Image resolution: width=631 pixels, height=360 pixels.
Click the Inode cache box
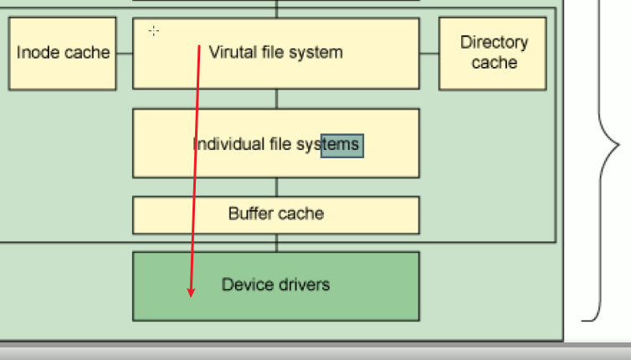pyautogui.click(x=63, y=53)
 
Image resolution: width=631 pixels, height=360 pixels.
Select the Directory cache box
pyautogui.click(x=494, y=53)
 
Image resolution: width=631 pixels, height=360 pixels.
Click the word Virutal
pyautogui.click(x=232, y=52)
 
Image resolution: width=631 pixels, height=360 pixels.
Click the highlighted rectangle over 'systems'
pyautogui.click(x=341, y=145)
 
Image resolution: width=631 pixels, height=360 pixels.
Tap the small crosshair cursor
pyautogui.click(x=154, y=31)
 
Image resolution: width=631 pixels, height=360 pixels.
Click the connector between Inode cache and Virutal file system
pyautogui.click(x=125, y=53)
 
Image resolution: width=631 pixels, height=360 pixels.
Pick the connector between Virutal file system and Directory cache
pyautogui.click(x=428, y=53)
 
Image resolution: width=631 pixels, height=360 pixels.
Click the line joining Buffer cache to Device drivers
pyautogui.click(x=276, y=243)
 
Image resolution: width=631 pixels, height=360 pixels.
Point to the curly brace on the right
pyautogui.click(x=607, y=167)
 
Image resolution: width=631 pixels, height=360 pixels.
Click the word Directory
pyautogui.click(x=494, y=43)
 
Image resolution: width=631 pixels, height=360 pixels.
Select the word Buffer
pyautogui.click(x=251, y=213)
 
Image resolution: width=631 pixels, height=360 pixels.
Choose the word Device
pyautogui.click(x=244, y=285)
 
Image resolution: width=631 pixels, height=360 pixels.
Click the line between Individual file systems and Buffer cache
pyautogui.click(x=276, y=187)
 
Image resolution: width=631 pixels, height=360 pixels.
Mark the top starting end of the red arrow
pyautogui.click(x=199, y=47)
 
